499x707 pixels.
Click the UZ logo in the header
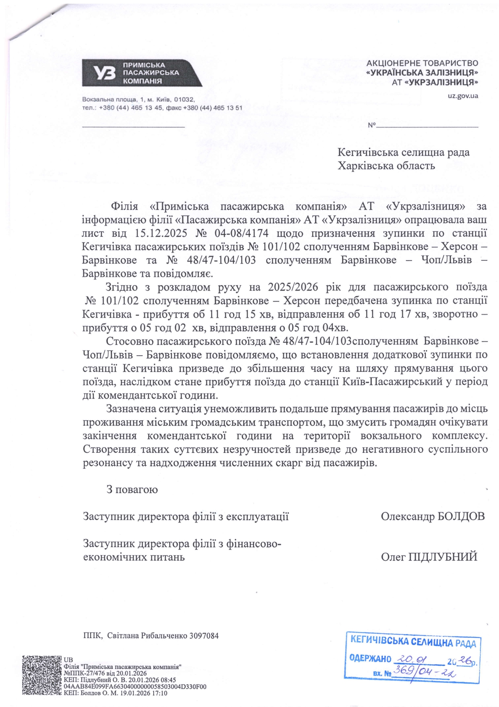click(104, 73)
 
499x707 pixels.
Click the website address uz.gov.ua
click(462, 96)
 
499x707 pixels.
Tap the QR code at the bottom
click(42, 676)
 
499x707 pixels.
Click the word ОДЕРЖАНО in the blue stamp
click(371, 659)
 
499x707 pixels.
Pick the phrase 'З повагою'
click(132, 489)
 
